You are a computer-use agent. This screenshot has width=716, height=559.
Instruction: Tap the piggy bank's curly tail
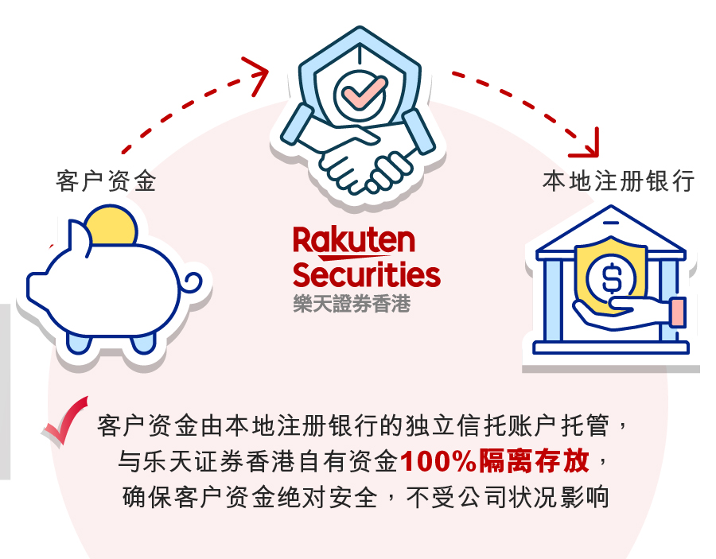pos(193,283)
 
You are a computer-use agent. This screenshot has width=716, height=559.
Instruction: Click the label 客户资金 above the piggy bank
pos(106,181)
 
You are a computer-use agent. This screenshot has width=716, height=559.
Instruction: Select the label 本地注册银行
pos(619,181)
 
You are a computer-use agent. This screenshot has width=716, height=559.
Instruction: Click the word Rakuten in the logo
pos(354,240)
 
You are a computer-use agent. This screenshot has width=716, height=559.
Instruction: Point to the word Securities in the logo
pos(367,274)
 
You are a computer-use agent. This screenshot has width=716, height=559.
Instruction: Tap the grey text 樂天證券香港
pos(352,304)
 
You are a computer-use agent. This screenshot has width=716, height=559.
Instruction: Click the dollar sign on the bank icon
pos(612,278)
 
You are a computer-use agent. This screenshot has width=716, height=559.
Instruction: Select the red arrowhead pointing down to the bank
pos(587,145)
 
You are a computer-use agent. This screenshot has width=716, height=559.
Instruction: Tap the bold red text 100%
pos(439,461)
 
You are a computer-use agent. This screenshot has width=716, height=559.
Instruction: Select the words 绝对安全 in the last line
pos(328,497)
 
